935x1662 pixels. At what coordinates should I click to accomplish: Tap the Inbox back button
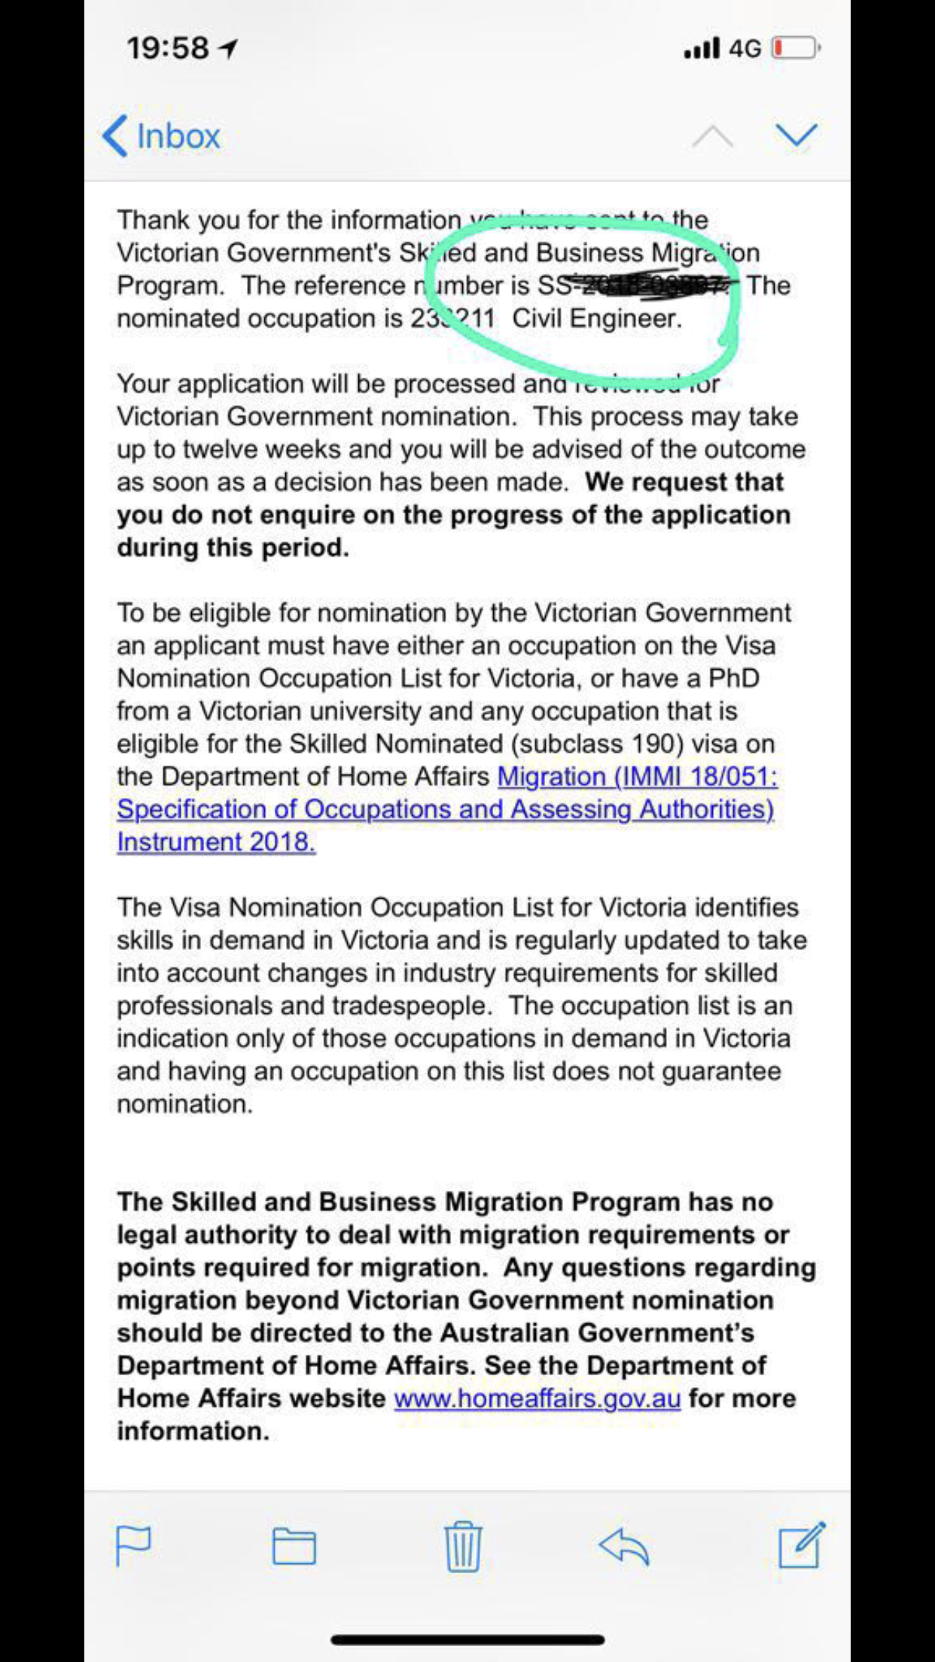coord(161,136)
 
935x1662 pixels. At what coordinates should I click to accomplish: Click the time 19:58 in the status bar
coord(168,48)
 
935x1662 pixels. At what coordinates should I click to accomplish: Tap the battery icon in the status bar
coord(795,48)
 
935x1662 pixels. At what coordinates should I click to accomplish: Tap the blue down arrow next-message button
coord(796,136)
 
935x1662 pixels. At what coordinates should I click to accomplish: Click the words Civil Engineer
coord(596,318)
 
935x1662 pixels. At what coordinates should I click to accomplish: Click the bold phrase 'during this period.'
coord(233,547)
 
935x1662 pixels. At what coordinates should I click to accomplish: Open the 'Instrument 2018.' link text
coord(216,842)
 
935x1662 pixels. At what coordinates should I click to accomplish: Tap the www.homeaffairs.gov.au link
coord(537,1398)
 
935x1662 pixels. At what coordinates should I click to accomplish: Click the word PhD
coord(733,678)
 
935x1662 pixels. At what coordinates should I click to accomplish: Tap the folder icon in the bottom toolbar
coord(294,1547)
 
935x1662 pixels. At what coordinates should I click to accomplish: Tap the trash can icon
coord(462,1546)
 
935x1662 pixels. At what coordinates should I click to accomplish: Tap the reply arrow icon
coord(624,1546)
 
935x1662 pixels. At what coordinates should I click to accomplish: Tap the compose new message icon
coord(801,1545)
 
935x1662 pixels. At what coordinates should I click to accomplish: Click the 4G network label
coord(745,48)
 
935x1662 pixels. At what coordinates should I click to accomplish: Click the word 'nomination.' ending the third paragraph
coord(184,1104)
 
